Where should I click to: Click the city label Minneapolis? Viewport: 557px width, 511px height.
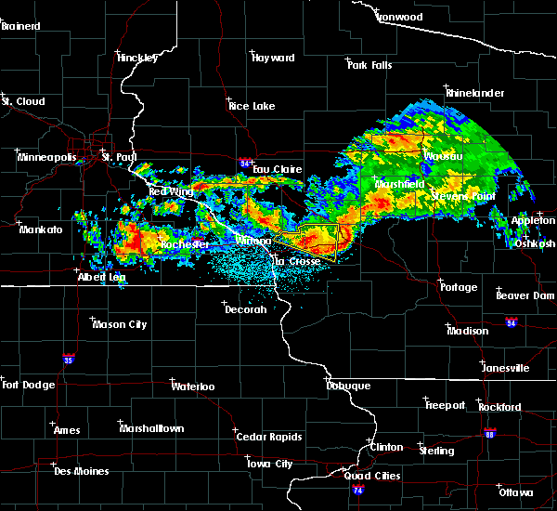pos(45,157)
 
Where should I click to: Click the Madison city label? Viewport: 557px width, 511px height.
pos(467,331)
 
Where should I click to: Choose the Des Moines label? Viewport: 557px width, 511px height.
pos(81,471)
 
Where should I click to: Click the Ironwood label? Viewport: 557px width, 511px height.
pos(398,17)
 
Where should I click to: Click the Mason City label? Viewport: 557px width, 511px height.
pos(120,324)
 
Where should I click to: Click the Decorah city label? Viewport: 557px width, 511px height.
pos(245,309)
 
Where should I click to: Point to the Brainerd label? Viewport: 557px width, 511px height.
pos(21,26)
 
